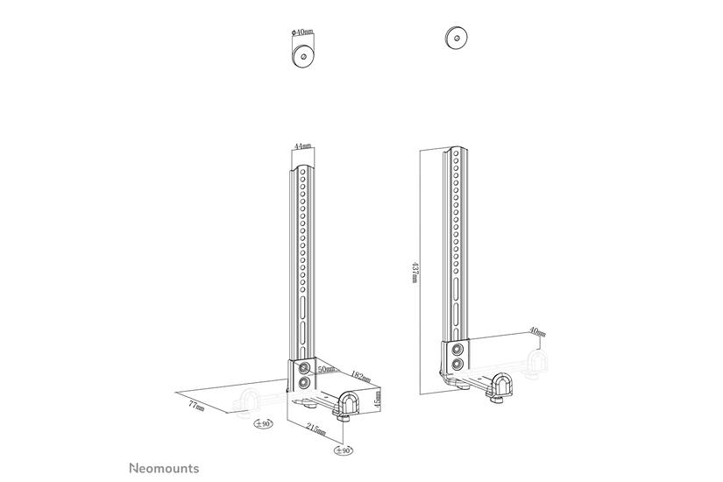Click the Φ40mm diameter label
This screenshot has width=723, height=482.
[x=303, y=32]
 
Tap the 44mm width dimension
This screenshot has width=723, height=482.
[x=301, y=146]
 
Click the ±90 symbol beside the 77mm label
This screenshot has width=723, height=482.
[x=261, y=425]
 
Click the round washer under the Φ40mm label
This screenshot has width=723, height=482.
[x=304, y=55]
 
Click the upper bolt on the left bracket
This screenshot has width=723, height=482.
[x=304, y=367]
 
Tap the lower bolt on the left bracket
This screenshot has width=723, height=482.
[x=304, y=384]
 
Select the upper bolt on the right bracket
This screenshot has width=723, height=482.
[x=457, y=349]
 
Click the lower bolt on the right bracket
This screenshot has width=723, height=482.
[x=457, y=365]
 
